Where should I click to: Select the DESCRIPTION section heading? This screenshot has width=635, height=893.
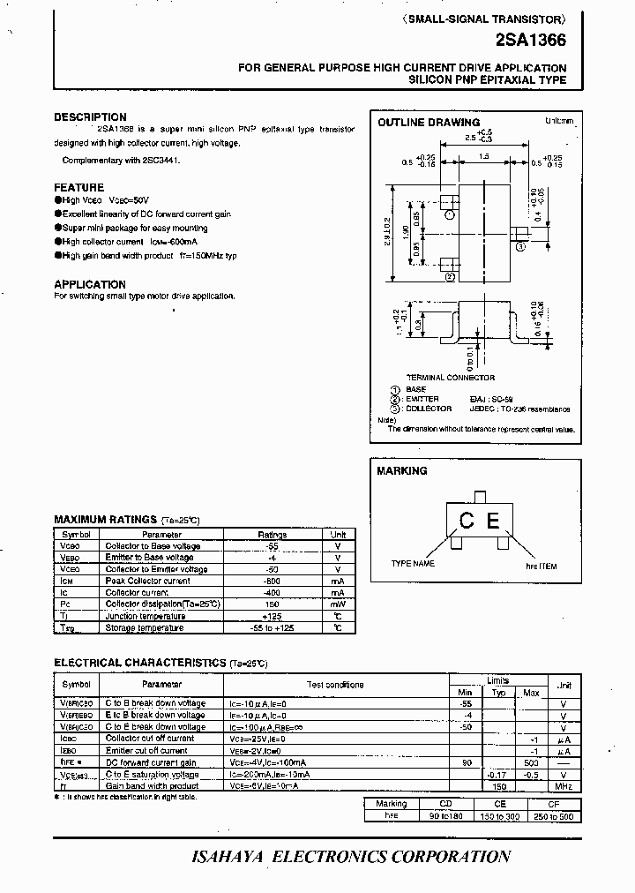click(90, 117)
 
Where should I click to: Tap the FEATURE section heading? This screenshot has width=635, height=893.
click(78, 188)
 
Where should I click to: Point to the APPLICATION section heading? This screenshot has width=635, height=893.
click(90, 284)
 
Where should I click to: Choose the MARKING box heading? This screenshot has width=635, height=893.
click(401, 471)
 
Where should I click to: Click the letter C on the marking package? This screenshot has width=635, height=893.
click(467, 521)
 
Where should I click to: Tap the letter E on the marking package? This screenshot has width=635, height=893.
click(493, 521)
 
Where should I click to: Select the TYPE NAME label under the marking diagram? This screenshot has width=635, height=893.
click(413, 563)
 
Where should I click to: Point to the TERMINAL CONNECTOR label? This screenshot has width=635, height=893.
click(450, 378)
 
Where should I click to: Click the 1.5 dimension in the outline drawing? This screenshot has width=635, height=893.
click(484, 156)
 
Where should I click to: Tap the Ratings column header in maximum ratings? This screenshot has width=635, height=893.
click(272, 535)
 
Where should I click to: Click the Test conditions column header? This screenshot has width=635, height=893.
click(334, 685)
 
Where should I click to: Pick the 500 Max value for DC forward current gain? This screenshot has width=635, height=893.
click(531, 762)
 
